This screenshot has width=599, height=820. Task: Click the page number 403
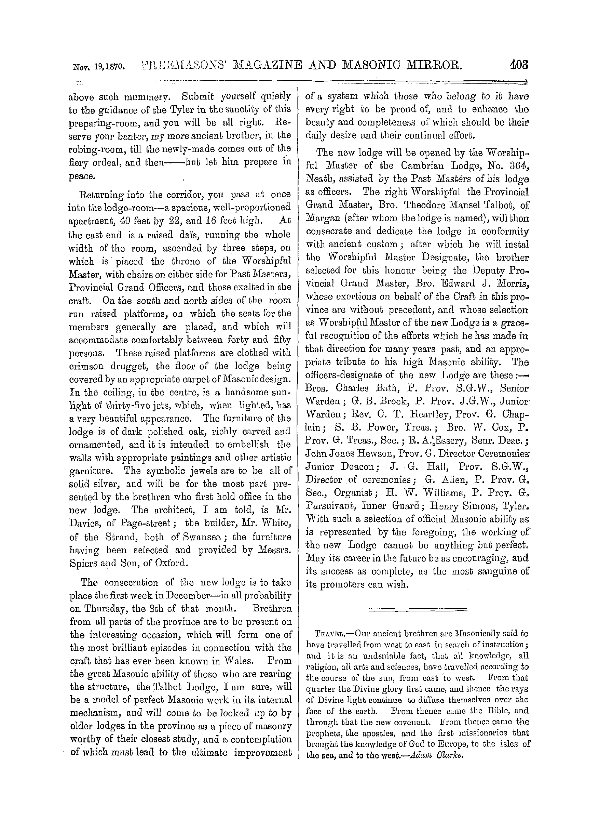click(519, 65)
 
